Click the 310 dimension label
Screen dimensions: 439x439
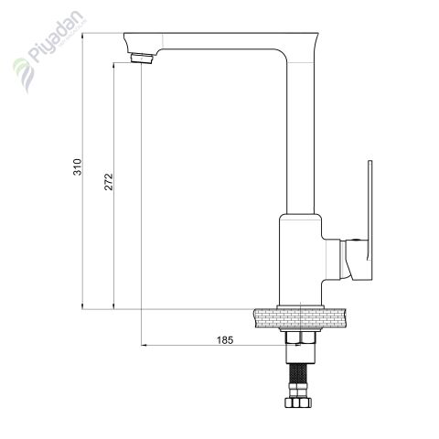(x=78, y=167)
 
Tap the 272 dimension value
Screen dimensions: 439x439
(x=109, y=182)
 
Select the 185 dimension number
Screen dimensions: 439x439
(x=225, y=340)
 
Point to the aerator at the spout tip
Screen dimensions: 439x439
(x=142, y=59)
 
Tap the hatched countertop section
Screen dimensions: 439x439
(x=300, y=318)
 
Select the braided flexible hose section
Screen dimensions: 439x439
(x=298, y=374)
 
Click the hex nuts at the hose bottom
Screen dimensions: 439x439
(x=298, y=402)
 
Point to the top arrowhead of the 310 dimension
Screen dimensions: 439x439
(x=82, y=36)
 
